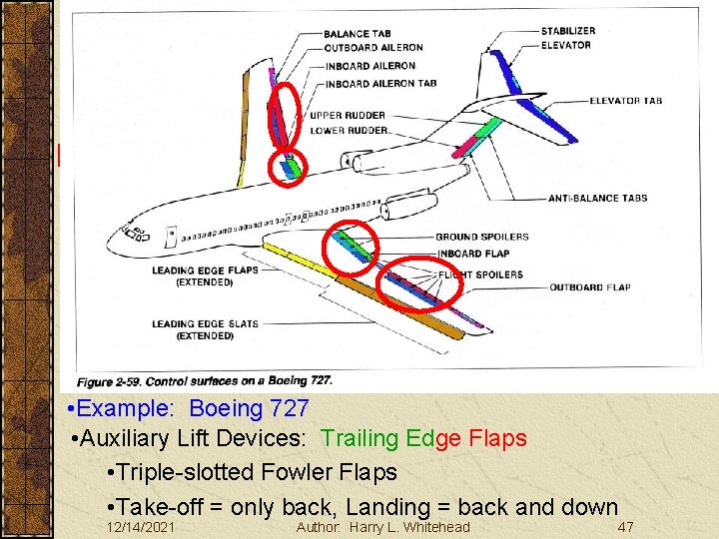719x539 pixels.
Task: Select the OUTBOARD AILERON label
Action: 372,48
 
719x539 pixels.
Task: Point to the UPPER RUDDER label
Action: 348,115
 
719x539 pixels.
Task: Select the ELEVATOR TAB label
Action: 625,101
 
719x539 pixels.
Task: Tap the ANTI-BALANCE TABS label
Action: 597,198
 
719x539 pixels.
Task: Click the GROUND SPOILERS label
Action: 481,237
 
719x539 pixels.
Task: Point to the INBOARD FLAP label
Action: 472,253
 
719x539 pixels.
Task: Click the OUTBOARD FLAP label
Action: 590,287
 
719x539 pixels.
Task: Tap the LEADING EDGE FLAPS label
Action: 205,269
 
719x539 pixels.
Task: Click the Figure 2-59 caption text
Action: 205,381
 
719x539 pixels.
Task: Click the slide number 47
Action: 626,526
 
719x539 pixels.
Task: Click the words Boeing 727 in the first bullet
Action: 249,409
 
